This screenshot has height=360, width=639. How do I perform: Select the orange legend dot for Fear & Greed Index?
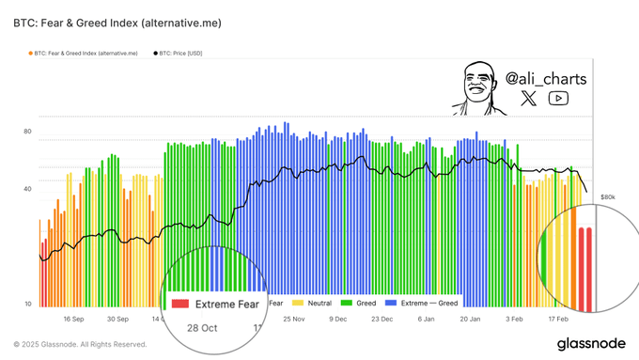click(30, 54)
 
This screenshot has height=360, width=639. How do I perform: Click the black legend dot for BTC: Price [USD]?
click(155, 54)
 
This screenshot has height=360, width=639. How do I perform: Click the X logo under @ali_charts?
click(528, 99)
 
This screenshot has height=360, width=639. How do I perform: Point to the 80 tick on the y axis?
click(27, 132)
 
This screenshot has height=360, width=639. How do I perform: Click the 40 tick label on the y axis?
click(27, 189)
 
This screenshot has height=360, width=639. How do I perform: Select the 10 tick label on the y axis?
click(27, 304)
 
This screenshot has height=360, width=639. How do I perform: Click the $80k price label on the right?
click(608, 197)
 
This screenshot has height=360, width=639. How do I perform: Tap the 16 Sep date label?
click(73, 320)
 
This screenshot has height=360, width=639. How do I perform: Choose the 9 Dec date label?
click(338, 320)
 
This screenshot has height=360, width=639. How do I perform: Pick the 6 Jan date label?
click(427, 320)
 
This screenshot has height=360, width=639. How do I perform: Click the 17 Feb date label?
click(558, 320)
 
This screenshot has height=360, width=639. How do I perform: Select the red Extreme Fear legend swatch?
click(180, 304)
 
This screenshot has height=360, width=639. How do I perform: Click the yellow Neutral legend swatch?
click(298, 304)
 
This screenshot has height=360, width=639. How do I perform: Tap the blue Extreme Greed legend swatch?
click(392, 304)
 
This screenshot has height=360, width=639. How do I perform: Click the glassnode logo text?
click(591, 344)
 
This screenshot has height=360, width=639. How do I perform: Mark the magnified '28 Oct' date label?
click(201, 328)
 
